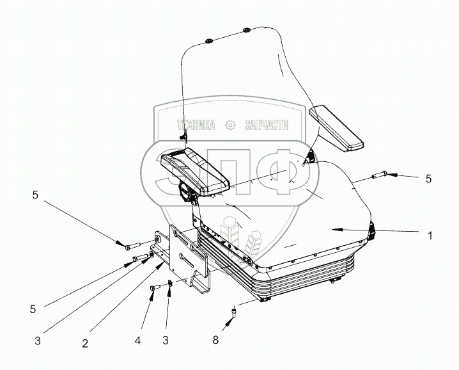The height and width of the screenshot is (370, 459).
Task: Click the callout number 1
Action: point(430,236)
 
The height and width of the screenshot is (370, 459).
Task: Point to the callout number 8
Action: point(215,341)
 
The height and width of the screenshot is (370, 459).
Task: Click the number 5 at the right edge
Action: point(428,179)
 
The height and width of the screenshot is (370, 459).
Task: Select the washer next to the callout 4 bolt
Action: point(169,284)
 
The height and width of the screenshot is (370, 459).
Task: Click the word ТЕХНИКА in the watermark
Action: point(195,126)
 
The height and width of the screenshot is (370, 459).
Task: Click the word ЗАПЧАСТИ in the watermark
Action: point(266,126)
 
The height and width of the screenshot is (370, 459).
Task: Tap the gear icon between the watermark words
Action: point(230,126)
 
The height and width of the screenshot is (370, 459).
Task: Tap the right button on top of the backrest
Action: point(245,30)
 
